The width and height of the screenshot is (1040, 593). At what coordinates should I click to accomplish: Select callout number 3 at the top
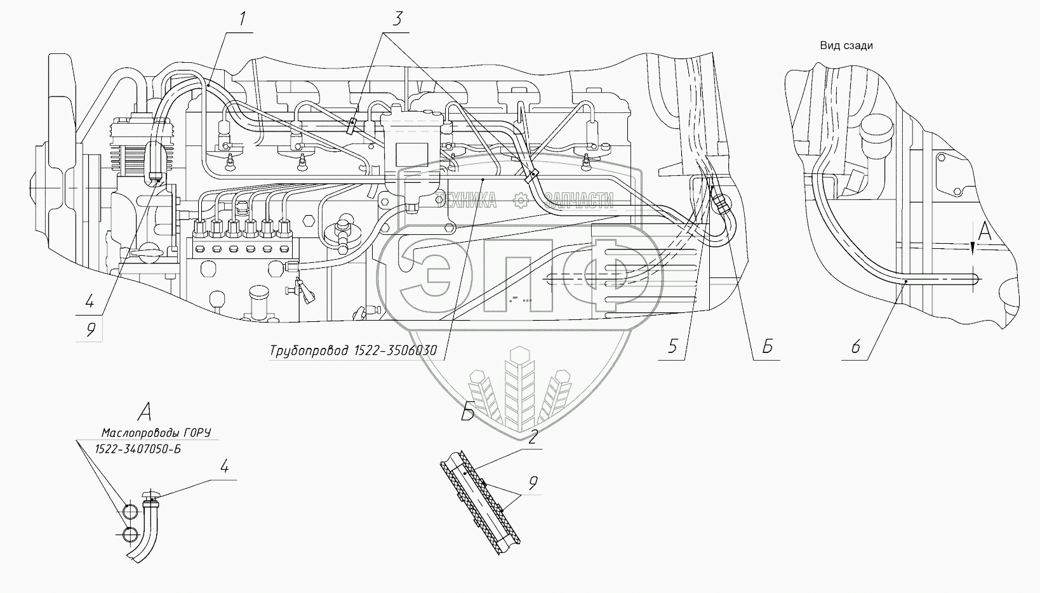[397, 19]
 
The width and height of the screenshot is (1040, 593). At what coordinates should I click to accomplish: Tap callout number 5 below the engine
[673, 347]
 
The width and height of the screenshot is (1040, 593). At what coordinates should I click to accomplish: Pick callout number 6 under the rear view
[855, 347]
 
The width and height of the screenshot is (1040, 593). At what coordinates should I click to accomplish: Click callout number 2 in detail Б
[533, 436]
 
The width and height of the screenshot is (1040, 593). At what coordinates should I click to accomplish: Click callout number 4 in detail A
[224, 468]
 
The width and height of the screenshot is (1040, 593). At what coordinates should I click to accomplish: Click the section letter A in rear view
[983, 233]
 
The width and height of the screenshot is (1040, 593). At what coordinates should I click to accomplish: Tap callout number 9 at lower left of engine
[90, 329]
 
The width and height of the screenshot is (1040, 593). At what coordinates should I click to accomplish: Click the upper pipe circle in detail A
[130, 512]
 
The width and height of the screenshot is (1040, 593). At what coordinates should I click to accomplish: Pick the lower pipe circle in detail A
[130, 534]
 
